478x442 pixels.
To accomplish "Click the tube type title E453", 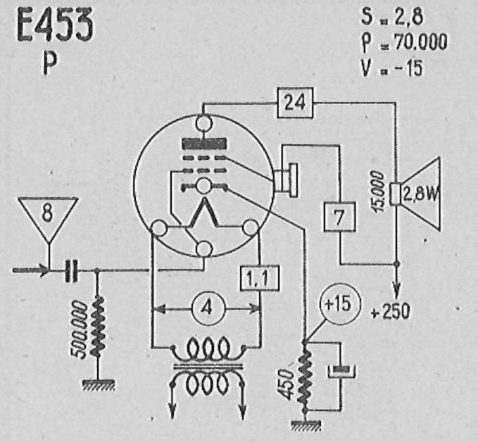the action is (x=55, y=25).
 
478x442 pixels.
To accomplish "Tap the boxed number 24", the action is (x=295, y=103).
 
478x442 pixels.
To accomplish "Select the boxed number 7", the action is (x=339, y=217).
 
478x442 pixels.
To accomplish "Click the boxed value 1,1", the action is (x=260, y=278).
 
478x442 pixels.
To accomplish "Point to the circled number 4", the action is (x=208, y=308).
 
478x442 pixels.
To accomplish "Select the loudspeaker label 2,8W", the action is (x=420, y=194).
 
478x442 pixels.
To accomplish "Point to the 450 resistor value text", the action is (x=287, y=384).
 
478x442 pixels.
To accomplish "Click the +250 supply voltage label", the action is (x=391, y=312).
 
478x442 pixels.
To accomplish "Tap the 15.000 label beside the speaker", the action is (x=378, y=191).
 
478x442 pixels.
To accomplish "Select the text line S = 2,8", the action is (x=392, y=16).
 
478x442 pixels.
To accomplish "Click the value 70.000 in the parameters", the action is (x=421, y=42).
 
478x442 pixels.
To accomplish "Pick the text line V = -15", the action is (x=391, y=68).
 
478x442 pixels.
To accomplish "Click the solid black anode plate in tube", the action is (x=204, y=144).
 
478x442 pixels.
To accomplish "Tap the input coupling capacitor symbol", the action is (x=71, y=271).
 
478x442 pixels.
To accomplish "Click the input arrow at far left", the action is (x=30, y=270).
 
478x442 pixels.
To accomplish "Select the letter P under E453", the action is (x=50, y=64).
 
